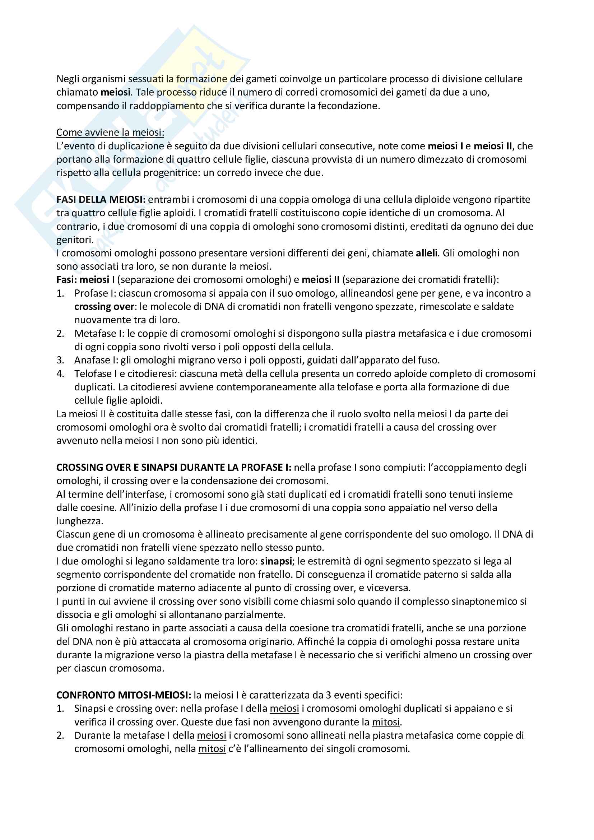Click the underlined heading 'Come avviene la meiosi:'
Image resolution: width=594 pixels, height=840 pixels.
(110, 133)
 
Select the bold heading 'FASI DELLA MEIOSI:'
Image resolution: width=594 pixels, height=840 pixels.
(101, 199)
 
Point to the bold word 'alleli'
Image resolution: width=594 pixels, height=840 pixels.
(427, 253)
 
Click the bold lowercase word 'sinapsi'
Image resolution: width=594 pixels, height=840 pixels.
(276, 561)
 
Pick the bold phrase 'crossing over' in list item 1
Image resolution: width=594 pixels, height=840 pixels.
(104, 307)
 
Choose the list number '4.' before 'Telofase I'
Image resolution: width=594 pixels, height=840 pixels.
(60, 373)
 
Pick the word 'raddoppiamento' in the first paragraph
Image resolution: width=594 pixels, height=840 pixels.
(167, 106)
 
